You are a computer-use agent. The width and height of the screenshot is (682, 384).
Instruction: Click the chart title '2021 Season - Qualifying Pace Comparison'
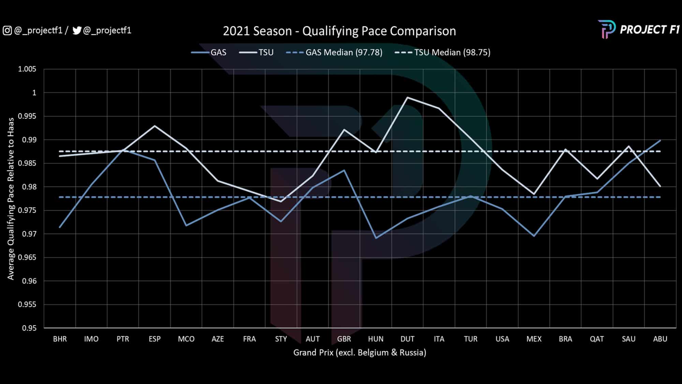339,31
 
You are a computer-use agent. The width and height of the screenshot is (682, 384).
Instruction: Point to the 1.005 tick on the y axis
27,69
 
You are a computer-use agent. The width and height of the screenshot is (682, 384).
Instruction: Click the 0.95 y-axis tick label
29,328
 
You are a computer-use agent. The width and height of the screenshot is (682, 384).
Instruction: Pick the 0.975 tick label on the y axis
27,211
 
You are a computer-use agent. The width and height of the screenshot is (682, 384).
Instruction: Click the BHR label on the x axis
60,339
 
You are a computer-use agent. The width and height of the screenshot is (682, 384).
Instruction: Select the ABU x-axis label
660,339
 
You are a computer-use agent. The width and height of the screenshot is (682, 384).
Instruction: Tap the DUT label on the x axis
407,339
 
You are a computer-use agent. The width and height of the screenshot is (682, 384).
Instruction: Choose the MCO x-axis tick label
186,339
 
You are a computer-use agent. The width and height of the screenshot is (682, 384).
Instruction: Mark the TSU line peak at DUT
407,98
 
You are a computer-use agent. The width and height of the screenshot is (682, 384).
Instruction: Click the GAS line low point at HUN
376,238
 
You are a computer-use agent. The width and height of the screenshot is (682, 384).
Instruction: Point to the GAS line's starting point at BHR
60,227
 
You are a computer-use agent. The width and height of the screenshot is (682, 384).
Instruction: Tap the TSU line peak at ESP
154,126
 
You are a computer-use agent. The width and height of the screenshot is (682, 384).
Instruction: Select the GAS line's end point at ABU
660,140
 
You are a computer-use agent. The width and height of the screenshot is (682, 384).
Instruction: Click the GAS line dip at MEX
534,236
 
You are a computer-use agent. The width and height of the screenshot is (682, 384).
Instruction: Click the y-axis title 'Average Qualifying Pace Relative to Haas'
11,199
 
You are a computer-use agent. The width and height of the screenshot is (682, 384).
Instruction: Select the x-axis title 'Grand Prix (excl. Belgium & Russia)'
360,353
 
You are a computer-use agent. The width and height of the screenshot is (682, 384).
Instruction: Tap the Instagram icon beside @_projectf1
7,31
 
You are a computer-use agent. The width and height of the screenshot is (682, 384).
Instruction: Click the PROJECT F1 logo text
649,30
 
